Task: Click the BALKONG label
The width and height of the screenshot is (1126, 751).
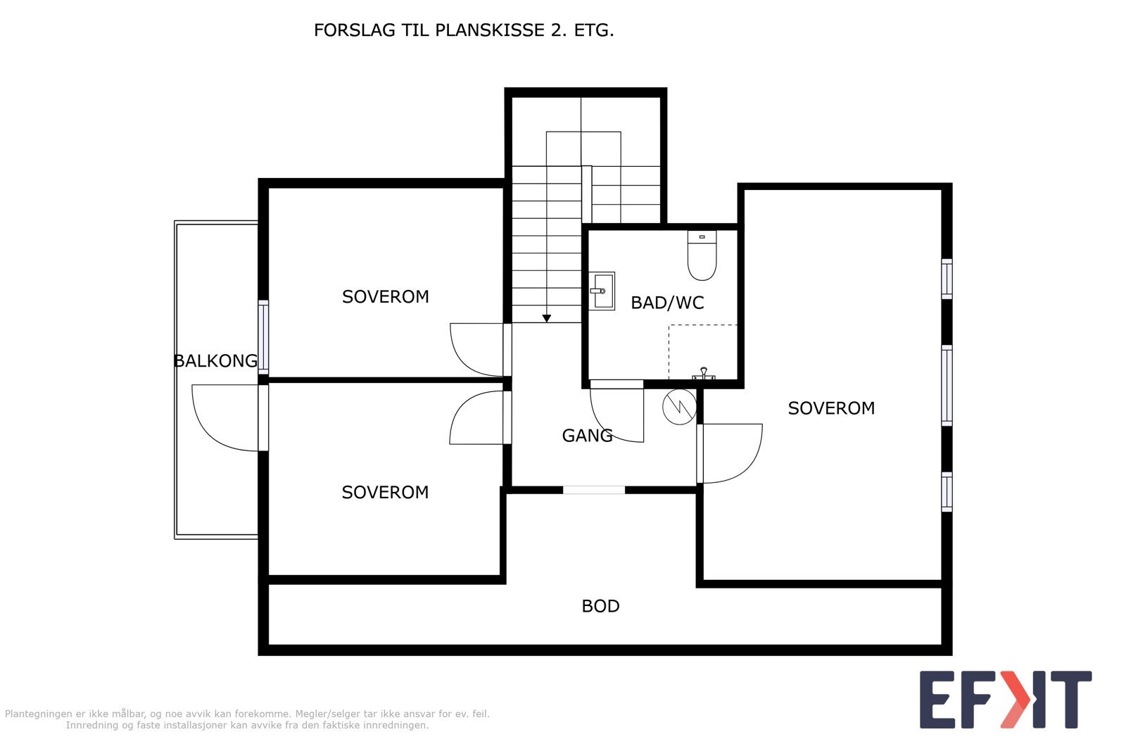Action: tap(215, 361)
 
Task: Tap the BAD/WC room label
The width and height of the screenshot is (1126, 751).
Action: tap(667, 303)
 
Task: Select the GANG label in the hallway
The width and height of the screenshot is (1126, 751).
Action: tap(587, 435)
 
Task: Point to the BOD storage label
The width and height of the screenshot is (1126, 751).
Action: tap(600, 606)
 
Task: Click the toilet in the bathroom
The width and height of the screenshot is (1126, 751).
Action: tap(702, 255)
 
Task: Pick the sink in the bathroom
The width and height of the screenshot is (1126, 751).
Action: tap(602, 291)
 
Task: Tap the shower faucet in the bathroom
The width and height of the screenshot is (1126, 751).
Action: tap(703, 374)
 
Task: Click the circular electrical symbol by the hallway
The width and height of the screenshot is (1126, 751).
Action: tap(679, 407)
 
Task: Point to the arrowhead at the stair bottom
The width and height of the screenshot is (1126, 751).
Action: tap(546, 318)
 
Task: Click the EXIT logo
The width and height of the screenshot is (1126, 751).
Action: tap(1006, 700)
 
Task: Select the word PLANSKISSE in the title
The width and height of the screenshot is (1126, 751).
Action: tap(490, 30)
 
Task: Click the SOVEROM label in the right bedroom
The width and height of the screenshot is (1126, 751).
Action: tap(831, 408)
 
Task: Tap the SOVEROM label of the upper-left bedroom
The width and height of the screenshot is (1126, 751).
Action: tap(386, 296)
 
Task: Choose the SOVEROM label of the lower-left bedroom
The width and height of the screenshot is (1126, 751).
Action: tap(385, 492)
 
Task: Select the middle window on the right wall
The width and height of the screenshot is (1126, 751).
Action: tap(947, 386)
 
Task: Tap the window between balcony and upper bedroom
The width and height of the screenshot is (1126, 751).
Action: tap(263, 337)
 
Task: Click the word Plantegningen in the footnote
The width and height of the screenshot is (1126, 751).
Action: tap(38, 714)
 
